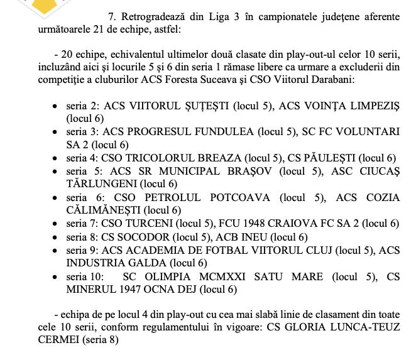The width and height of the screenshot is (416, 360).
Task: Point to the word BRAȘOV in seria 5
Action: coord(246,171)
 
